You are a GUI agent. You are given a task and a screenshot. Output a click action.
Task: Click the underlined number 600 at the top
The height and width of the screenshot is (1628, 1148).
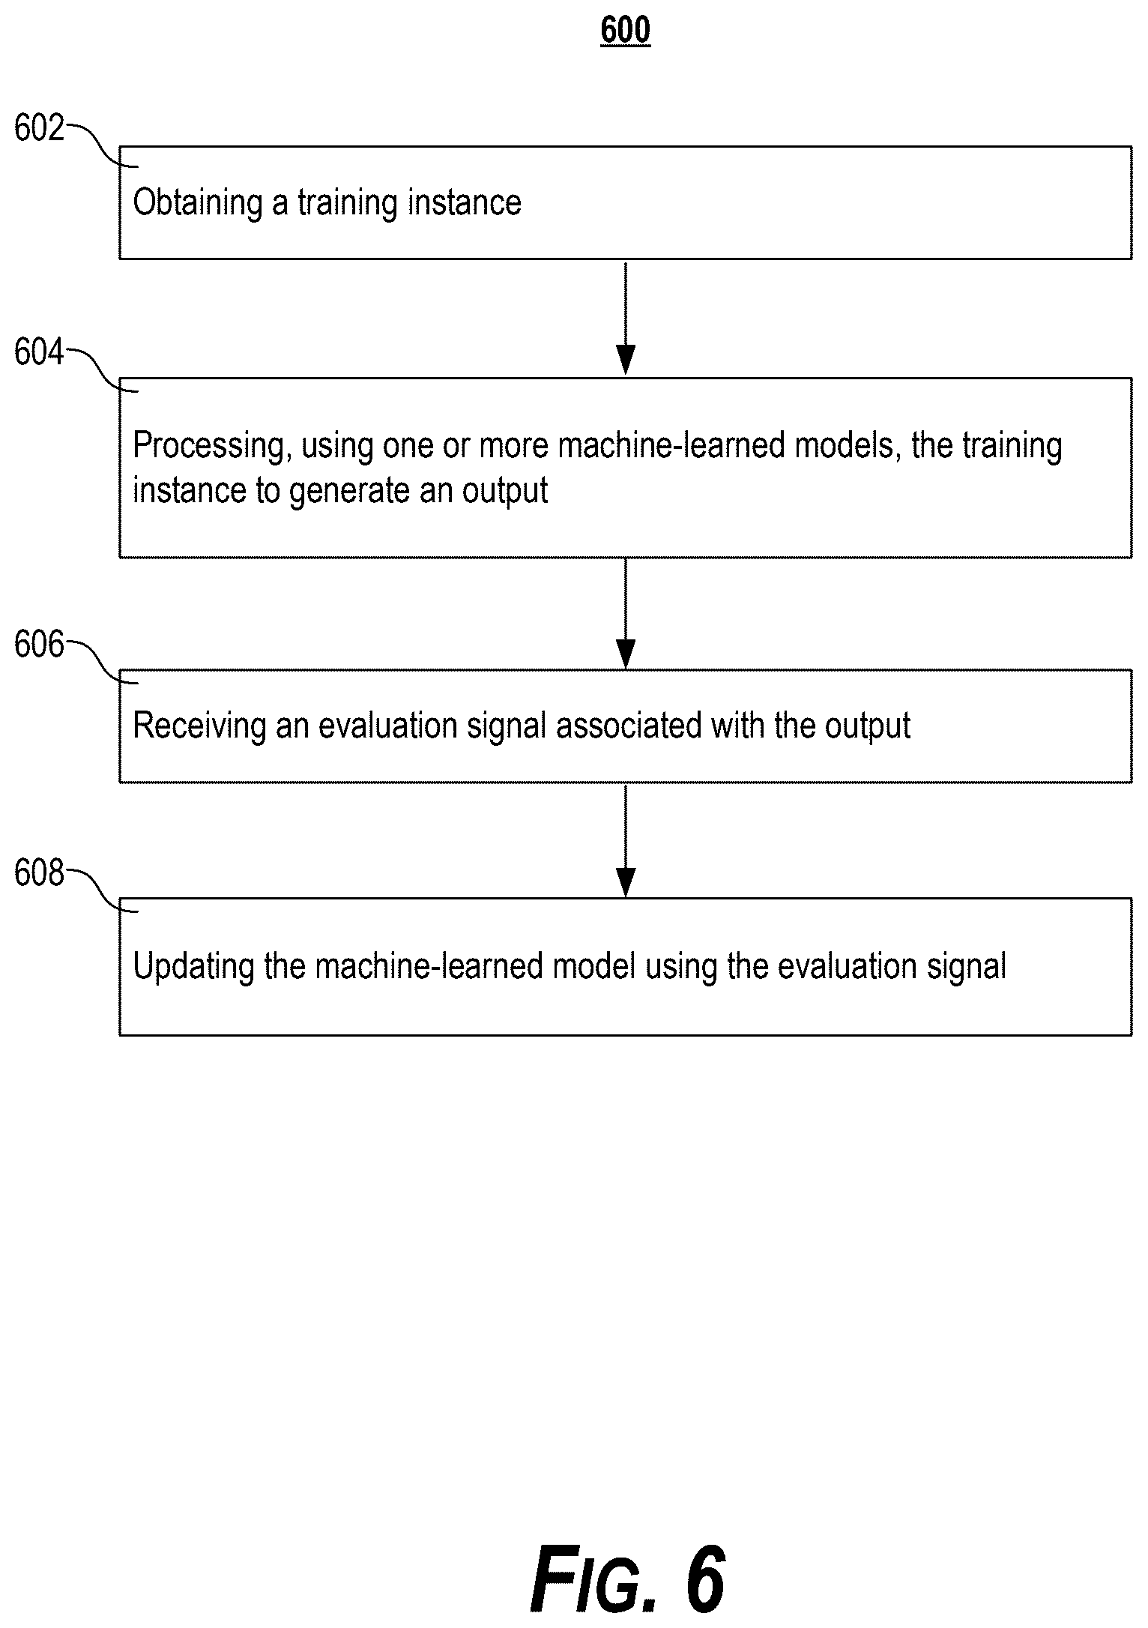click(x=625, y=31)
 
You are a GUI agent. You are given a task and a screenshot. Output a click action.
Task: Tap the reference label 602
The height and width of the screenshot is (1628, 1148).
click(x=40, y=128)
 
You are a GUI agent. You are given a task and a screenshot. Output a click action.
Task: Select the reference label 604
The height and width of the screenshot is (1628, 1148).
click(x=40, y=352)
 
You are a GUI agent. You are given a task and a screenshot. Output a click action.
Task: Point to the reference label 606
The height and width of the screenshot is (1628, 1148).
click(x=40, y=645)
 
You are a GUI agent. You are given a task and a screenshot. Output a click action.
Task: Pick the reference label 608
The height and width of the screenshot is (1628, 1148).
click(x=40, y=873)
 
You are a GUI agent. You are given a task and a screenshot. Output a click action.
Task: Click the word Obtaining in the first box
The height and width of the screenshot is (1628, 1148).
click(x=198, y=203)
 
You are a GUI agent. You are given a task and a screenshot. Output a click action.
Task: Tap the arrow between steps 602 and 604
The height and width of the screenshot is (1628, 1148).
click(x=625, y=318)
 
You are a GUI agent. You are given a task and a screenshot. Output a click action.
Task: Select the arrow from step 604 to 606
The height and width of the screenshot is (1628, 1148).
click(x=625, y=612)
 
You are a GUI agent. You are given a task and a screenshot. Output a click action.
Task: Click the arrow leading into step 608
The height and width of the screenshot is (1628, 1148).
click(x=625, y=839)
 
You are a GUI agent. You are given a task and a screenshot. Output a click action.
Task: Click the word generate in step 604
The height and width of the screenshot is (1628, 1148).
click(x=350, y=492)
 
